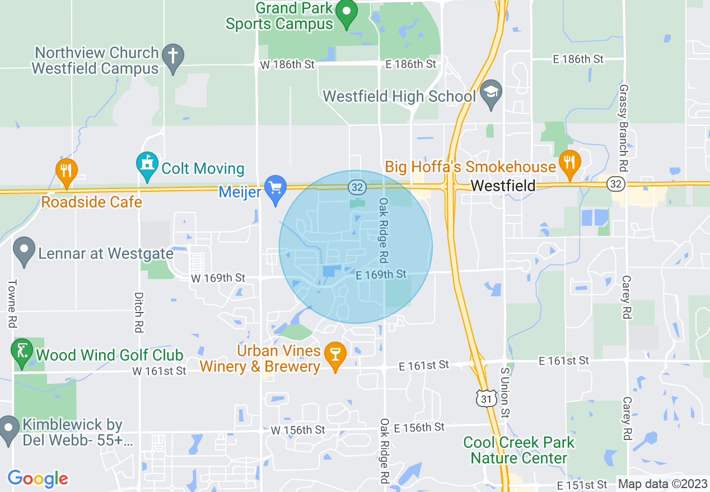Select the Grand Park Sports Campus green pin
coord(347,12)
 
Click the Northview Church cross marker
coord(173,56)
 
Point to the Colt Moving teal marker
coord(147,165)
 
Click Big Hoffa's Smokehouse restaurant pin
coord(569,163)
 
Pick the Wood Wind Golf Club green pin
coord(22,352)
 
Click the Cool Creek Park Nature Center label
coord(519,450)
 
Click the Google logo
coord(38,479)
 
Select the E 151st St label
coord(582,484)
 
